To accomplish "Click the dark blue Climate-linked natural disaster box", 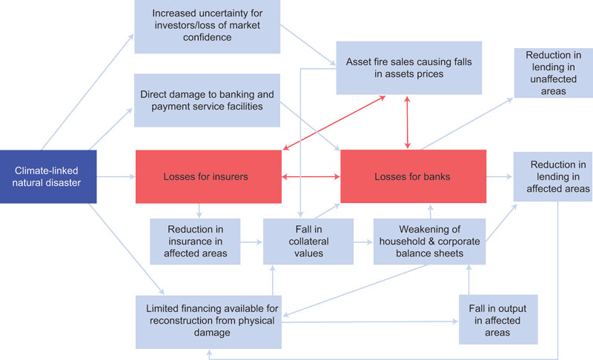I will point(48,176).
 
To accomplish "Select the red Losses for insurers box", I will point(208,177).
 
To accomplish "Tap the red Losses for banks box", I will point(413,177).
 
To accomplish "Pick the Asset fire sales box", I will point(409,67).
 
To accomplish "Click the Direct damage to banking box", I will point(208,101).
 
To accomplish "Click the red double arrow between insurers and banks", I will point(311,178).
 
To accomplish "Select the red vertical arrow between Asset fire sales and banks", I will point(407,122).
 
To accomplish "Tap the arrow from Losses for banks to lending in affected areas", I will point(500,177).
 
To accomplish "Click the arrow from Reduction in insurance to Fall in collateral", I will point(253,241).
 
